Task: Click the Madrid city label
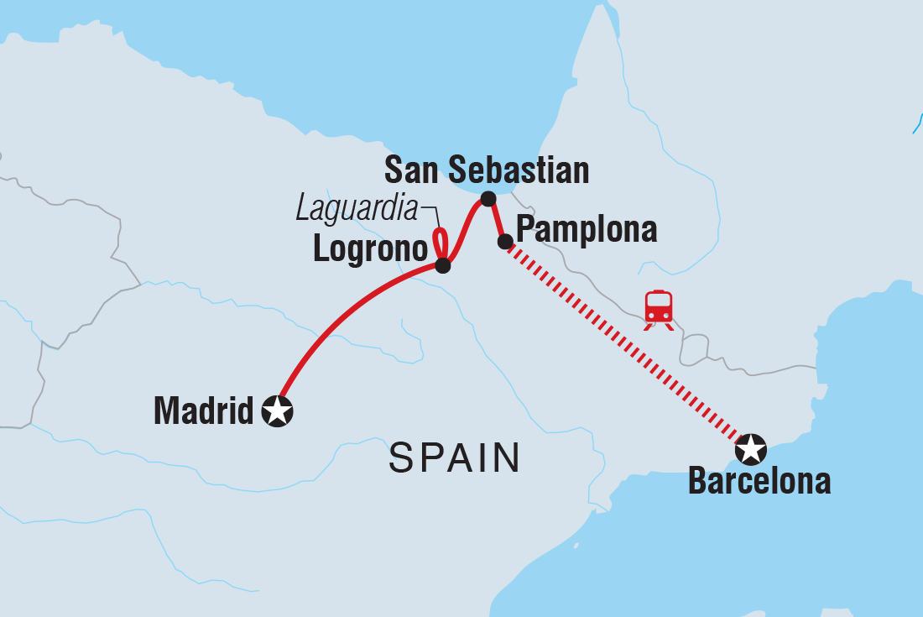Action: (204, 411)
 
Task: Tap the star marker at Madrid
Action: (278, 411)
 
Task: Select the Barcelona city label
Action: (759, 482)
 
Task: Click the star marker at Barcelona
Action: (751, 450)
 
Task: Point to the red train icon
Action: (659, 308)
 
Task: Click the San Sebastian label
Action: (487, 170)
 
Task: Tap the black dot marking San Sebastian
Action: (488, 200)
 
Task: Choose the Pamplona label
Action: (587, 228)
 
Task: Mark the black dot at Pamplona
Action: (505, 242)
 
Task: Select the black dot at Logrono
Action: (443, 266)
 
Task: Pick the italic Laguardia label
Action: (356, 209)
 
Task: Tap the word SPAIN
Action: (454, 458)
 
